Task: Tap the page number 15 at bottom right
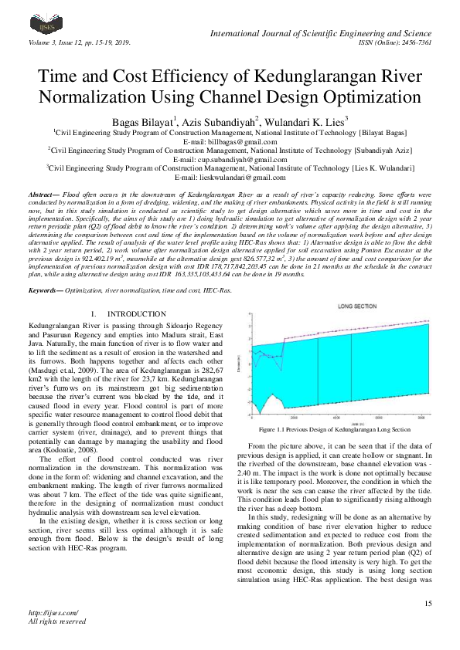428,601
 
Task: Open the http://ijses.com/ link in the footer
46,612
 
